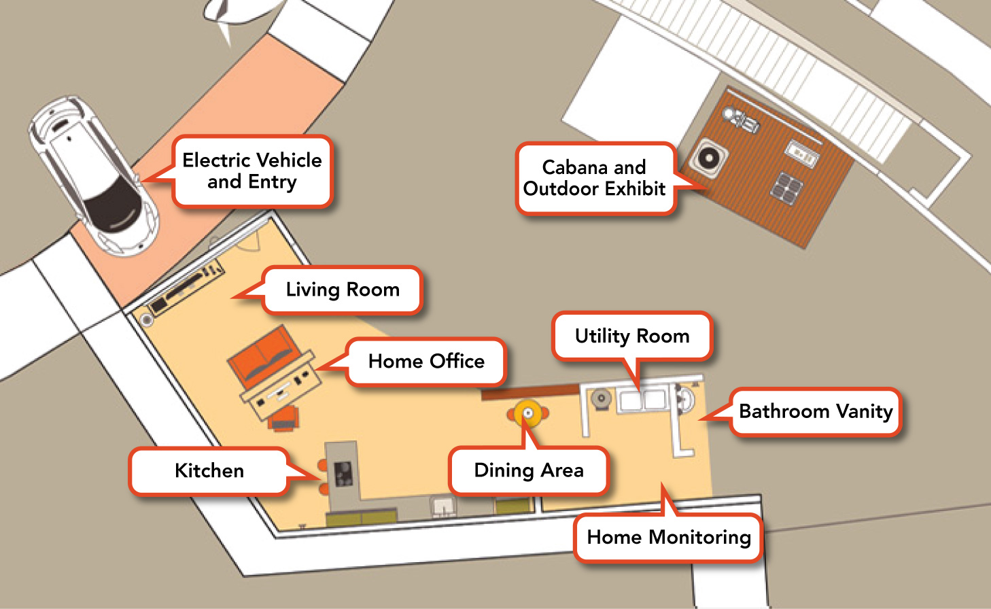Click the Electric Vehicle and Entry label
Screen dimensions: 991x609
[252, 171]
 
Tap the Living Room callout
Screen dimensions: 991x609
[342, 290]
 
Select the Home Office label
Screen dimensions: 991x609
[426, 362]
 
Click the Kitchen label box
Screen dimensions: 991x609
[209, 470]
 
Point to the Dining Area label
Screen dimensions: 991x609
[529, 470]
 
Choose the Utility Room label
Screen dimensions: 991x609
[632, 336]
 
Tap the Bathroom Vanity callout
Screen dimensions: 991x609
[816, 411]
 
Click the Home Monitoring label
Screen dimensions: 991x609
[669, 538]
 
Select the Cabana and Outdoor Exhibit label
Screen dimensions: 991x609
[594, 178]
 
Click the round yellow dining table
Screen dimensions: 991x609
[528, 413]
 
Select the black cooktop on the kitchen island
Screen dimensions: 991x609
[343, 474]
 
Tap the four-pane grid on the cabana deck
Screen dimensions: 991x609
[786, 186]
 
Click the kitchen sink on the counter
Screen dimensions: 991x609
[443, 506]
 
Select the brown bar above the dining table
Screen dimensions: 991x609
[530, 392]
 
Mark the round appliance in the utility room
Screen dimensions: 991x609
[602, 399]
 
